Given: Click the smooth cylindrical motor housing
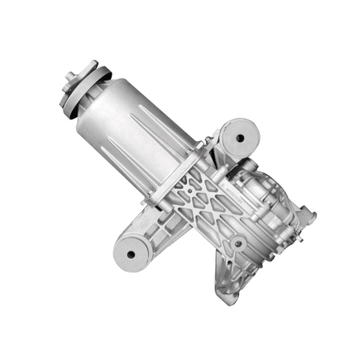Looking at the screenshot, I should point(138,130).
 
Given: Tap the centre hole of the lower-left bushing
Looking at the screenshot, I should point(134,252).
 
